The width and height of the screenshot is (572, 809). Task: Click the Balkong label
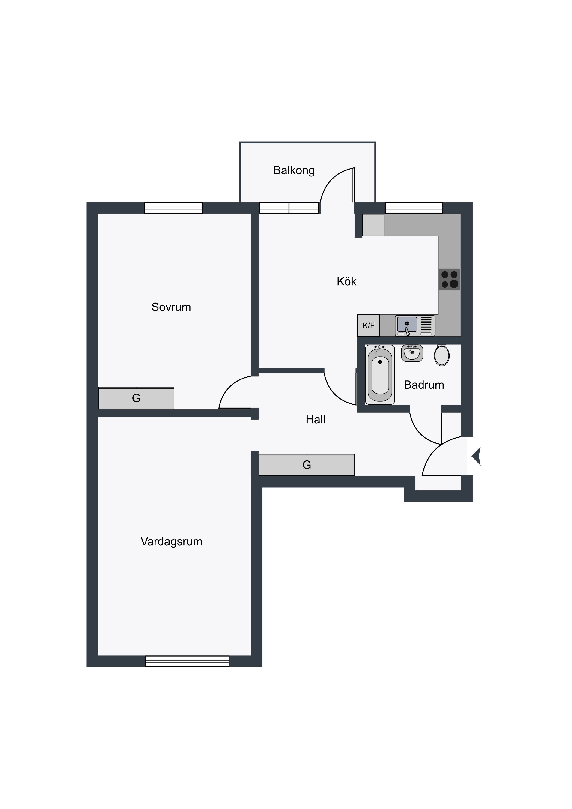[294, 170]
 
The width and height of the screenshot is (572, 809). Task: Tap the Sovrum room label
[171, 307]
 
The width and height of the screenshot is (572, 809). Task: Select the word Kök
[347, 281]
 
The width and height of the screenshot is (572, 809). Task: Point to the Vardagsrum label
[172, 542]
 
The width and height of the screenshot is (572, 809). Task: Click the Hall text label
[315, 419]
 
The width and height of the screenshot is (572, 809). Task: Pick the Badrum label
[424, 385]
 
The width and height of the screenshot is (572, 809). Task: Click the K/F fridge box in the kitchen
[368, 325]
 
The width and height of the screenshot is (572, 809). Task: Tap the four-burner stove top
[450, 279]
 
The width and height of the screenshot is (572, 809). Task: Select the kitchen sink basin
[407, 324]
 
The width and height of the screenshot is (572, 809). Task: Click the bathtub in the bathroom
[380, 375]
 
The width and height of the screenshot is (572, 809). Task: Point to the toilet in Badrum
[442, 355]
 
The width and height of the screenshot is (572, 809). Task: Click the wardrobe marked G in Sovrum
[136, 398]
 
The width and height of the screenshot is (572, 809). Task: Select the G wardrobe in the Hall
[307, 465]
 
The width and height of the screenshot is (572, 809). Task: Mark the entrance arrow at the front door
[476, 456]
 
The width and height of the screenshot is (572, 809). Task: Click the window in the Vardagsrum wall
[187, 661]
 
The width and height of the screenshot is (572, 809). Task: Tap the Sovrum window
[173, 208]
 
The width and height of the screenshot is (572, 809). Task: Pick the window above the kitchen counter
[414, 208]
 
